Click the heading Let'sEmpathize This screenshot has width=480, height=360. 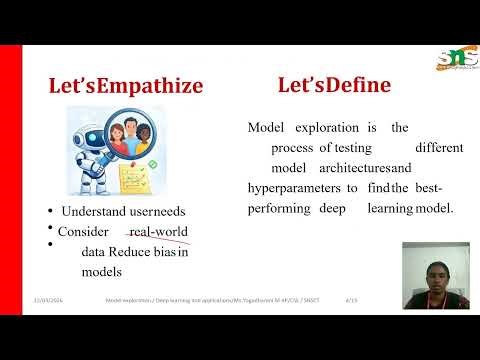click(126, 86)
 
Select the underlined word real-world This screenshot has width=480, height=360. click(158, 233)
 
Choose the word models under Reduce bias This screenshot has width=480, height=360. click(102, 271)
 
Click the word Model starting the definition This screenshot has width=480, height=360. click(267, 127)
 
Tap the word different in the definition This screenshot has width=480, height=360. click(439, 147)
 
